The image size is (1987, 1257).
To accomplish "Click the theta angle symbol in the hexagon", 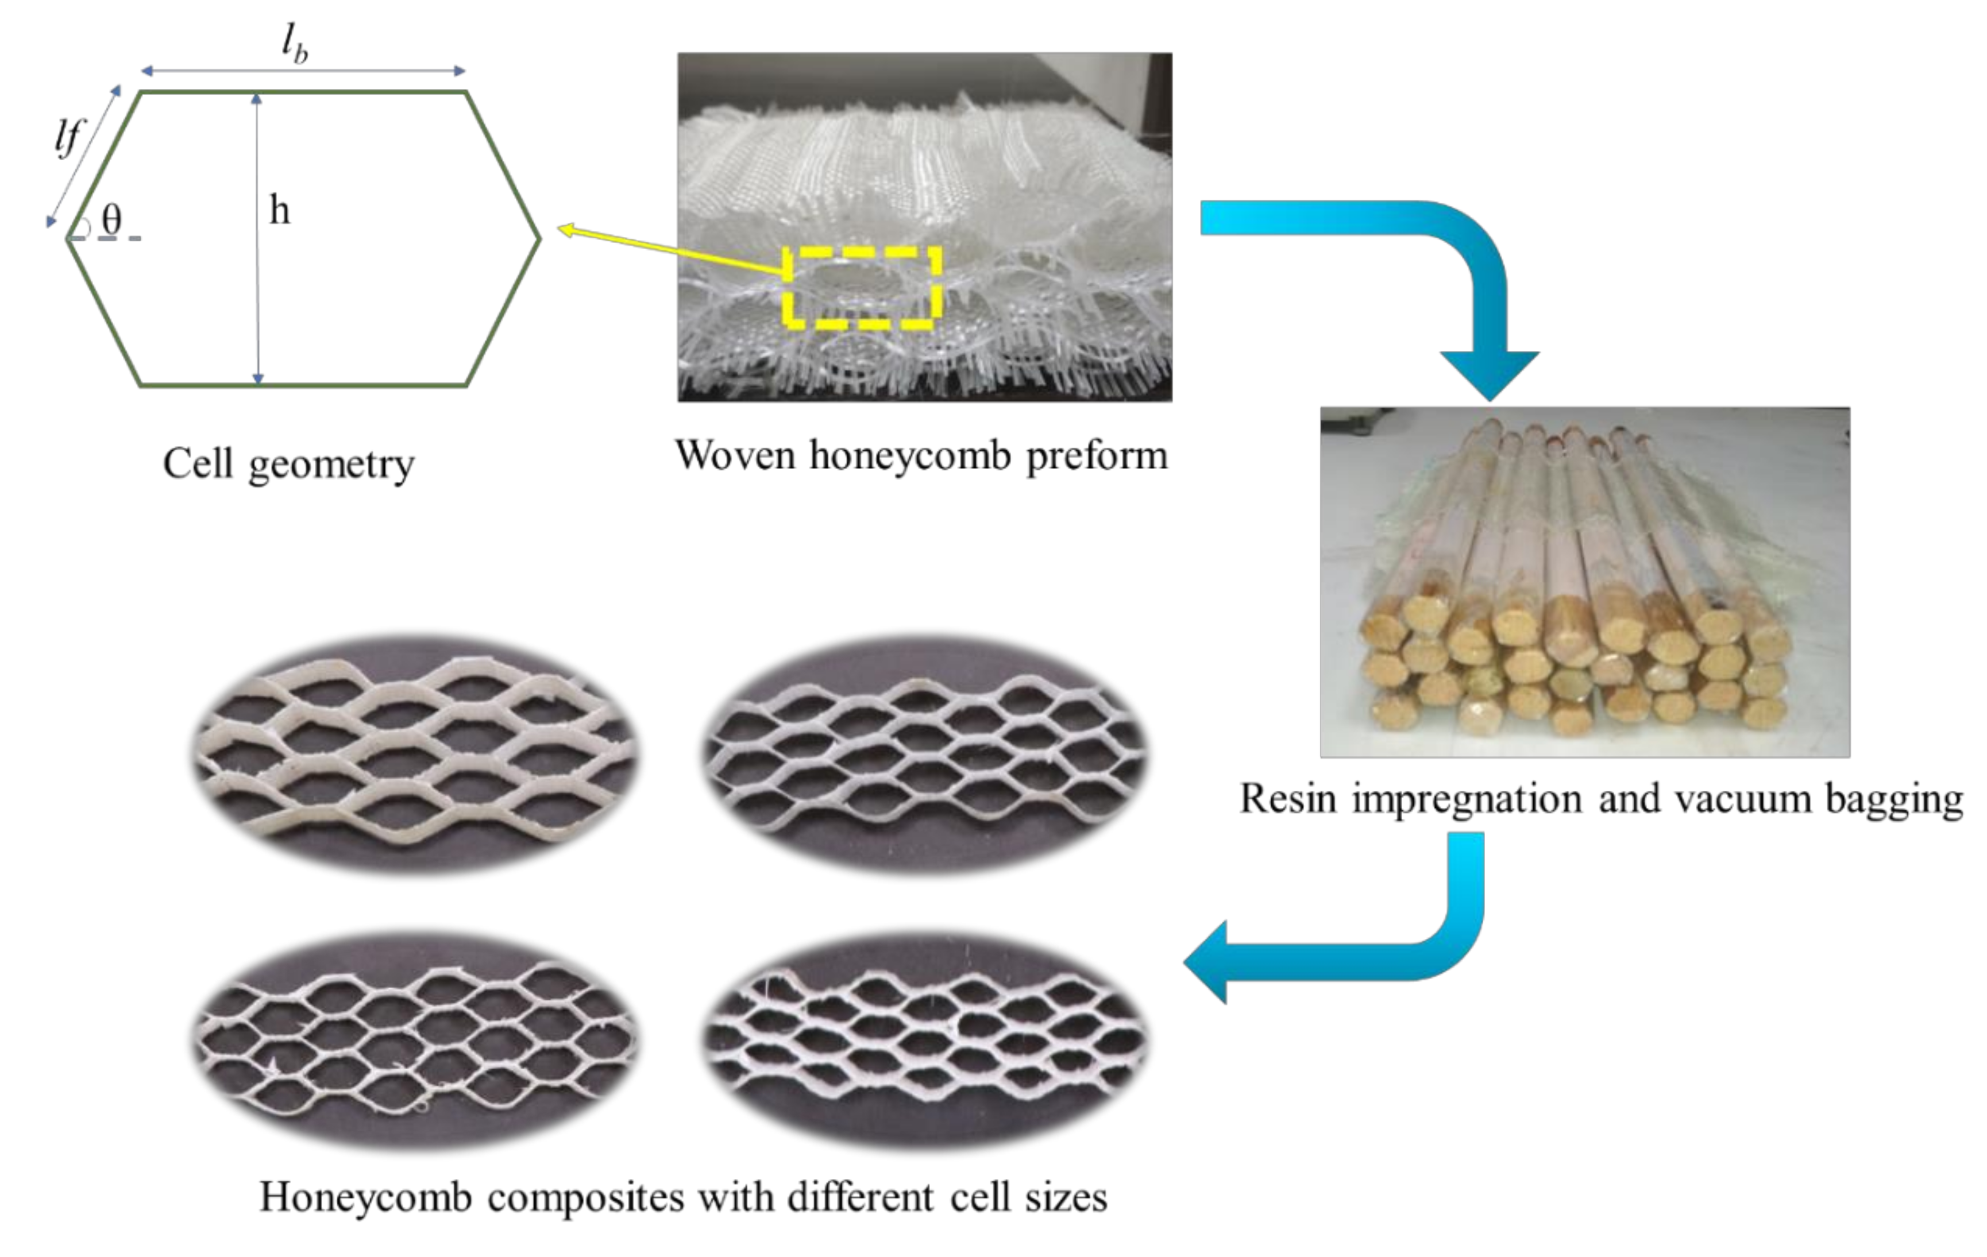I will [111, 219].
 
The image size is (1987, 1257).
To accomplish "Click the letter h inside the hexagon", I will [280, 211].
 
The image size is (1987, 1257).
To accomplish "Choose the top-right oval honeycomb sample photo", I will [925, 753].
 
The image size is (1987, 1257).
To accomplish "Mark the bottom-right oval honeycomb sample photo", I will [925, 1041].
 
